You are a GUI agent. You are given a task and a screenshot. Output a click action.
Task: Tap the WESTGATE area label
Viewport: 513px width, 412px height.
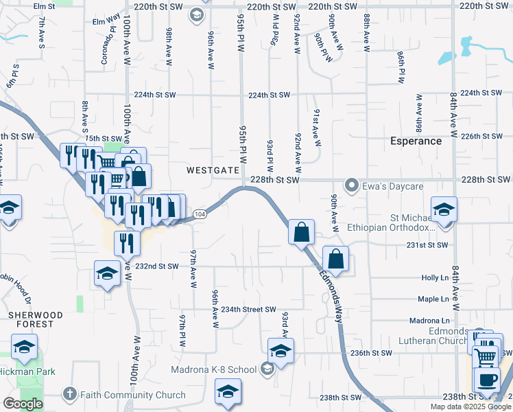click(213, 170)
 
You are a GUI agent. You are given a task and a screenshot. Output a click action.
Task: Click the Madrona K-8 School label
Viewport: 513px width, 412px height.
click(213, 369)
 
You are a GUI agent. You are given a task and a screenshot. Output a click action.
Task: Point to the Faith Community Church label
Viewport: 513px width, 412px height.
click(133, 395)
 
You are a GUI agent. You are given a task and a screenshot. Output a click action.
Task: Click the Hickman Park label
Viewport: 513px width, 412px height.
click(27, 371)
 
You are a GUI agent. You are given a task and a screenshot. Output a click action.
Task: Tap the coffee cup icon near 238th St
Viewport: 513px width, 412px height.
click(487, 379)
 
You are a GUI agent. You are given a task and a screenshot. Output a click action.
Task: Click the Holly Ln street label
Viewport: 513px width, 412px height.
click(435, 277)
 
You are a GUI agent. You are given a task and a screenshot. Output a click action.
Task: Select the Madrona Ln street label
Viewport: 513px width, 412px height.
click(429, 321)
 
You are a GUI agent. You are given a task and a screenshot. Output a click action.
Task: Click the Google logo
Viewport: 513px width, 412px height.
click(23, 404)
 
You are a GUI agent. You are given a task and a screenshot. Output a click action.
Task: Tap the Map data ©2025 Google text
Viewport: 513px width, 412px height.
click(470, 407)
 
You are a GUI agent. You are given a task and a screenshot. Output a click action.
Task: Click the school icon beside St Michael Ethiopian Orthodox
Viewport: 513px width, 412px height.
click(444, 209)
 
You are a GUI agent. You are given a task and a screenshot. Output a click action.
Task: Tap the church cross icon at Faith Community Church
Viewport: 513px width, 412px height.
click(69, 394)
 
